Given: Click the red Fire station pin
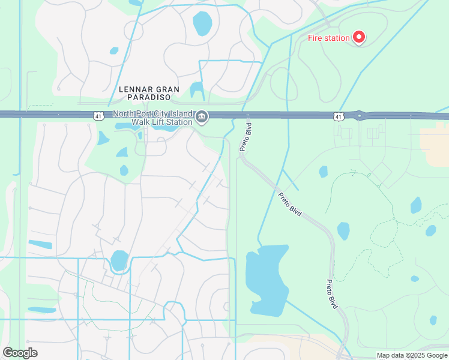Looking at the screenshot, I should coord(359,37).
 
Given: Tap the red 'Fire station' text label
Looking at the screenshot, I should coord(328,38).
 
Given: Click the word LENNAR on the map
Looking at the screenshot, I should coord(133,89).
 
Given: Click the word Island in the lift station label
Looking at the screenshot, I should coord(180,114).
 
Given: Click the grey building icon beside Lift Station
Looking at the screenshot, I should coord(202,118).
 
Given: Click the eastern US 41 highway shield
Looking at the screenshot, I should coord(339,115).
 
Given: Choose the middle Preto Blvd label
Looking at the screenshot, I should coord(290,204).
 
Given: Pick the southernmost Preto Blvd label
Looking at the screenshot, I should coord(331,294).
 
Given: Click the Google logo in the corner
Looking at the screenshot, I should coord(20,352).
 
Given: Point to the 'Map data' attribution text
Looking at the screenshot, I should coord(393,355).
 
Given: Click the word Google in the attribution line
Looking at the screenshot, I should coord(435,355).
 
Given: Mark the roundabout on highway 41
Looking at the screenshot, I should coord(360,115).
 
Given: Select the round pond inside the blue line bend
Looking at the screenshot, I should coord(119,260).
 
